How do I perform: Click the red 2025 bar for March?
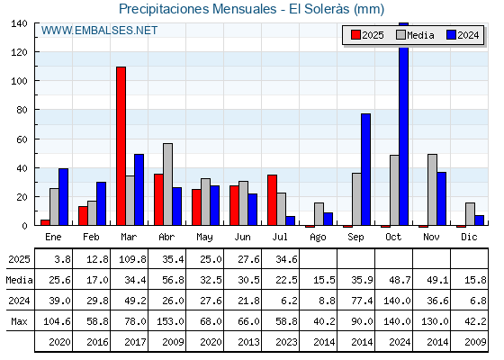click(x=121, y=146)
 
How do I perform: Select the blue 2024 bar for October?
click(x=404, y=124)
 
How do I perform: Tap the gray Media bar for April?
click(x=167, y=184)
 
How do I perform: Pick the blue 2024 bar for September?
click(x=365, y=169)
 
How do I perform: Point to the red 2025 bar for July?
click(x=272, y=200)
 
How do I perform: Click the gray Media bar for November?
click(x=432, y=190)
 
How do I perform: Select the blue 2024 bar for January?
click(x=63, y=197)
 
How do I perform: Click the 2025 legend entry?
click(x=367, y=35)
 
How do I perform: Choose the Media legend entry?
click(x=415, y=35)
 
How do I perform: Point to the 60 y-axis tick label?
click(x=22, y=139)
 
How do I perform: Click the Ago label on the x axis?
click(x=318, y=238)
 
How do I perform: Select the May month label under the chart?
click(x=204, y=238)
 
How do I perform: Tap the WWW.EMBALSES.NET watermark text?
click(x=99, y=31)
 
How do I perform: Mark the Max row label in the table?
click(x=19, y=321)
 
